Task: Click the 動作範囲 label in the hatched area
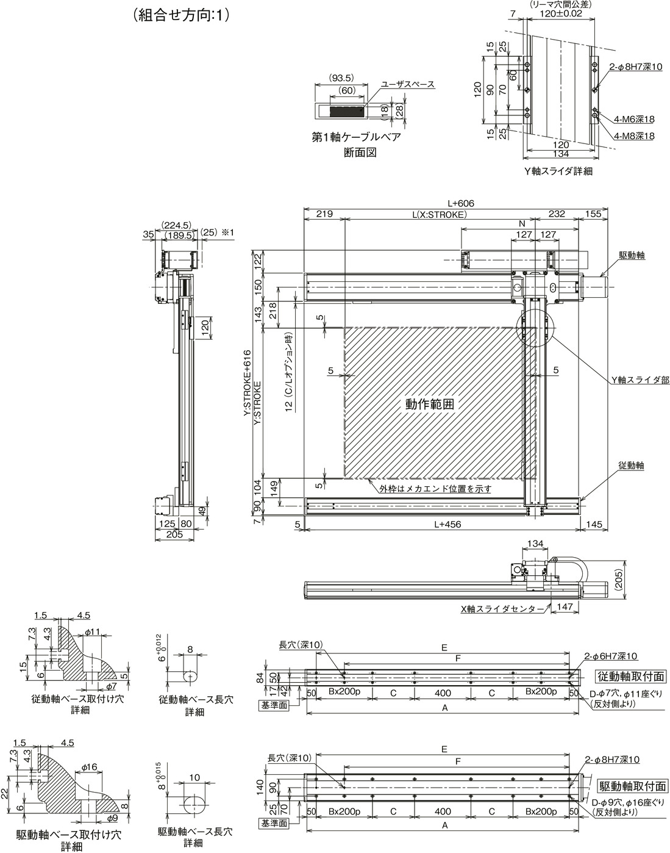[x=429, y=404]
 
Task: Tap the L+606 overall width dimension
[x=461, y=203]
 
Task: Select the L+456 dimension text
[x=447, y=524]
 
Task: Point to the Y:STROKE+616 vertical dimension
[x=248, y=383]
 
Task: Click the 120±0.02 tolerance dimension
[x=561, y=13]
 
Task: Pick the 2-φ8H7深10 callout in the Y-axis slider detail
[x=635, y=67]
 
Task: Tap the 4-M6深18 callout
[x=634, y=119]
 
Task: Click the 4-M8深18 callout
[x=634, y=136]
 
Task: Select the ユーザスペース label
[x=407, y=84]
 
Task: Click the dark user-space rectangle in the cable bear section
[x=346, y=111]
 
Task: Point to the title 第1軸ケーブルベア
[x=357, y=137]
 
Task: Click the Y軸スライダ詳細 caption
[x=558, y=171]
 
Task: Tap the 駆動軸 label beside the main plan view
[x=632, y=256]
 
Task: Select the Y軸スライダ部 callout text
[x=640, y=380]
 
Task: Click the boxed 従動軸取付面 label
[x=631, y=676]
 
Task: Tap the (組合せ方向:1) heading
[x=182, y=15]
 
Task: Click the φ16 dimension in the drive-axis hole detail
[x=89, y=767]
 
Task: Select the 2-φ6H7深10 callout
[x=611, y=656]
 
